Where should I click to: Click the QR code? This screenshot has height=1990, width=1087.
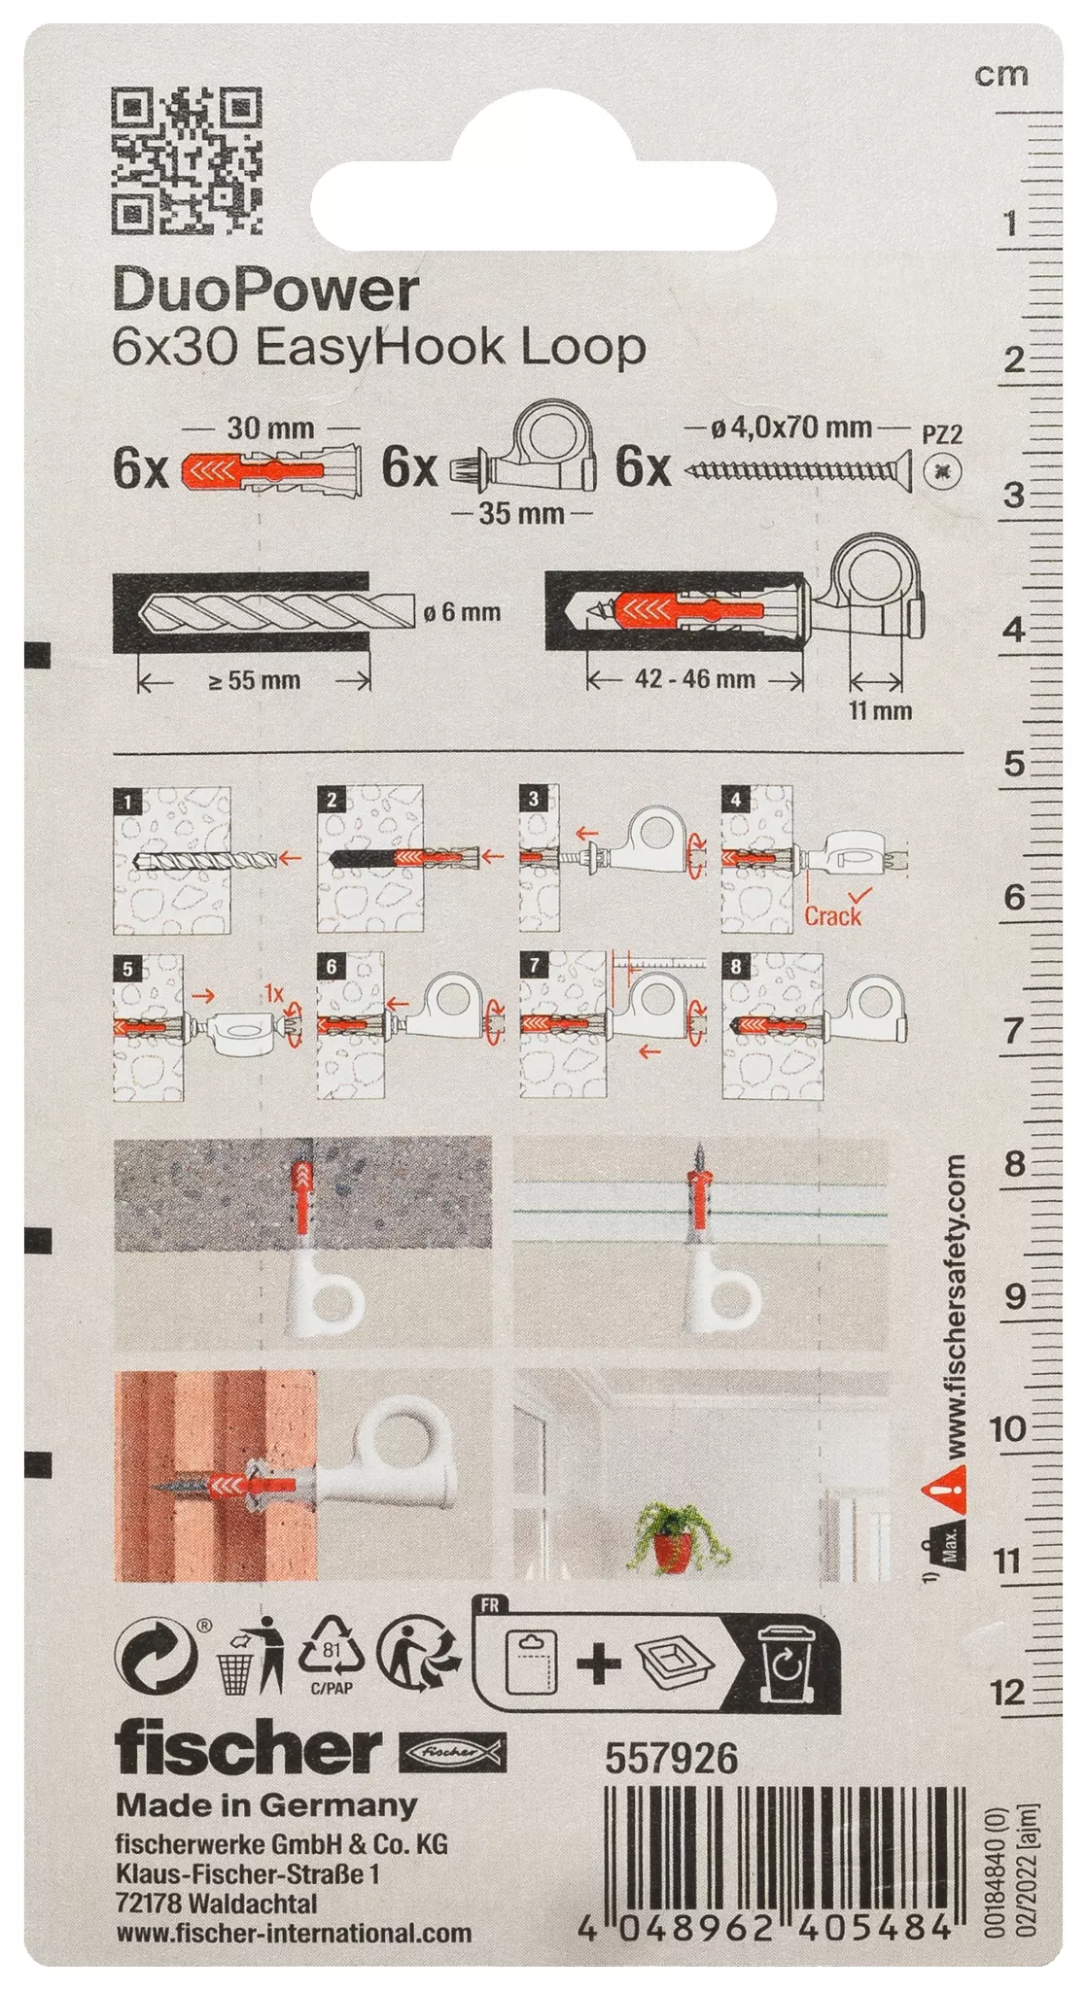tap(188, 160)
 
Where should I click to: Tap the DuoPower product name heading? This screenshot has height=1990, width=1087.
tap(265, 290)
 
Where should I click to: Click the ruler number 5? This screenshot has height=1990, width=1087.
tap(1014, 764)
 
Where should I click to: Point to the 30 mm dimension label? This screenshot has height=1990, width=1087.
tap(269, 428)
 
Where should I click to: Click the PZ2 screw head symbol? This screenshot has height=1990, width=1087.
tap(942, 471)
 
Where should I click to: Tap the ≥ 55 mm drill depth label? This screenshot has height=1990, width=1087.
tap(255, 680)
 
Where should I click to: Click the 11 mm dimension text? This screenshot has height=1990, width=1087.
tap(880, 710)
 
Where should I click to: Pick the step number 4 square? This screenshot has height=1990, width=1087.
tap(735, 800)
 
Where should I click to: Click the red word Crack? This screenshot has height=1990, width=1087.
tap(832, 915)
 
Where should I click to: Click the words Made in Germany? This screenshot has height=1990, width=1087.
tap(266, 1805)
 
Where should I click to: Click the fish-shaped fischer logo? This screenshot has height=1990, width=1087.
tap(452, 1750)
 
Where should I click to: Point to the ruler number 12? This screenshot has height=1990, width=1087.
tap(1007, 1692)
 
